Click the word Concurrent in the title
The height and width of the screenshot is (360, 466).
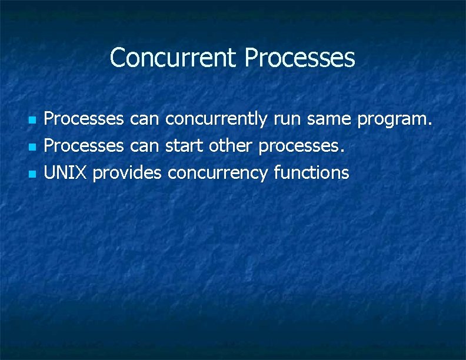pyautogui.click(x=174, y=58)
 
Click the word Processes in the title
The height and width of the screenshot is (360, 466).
pyautogui.click(x=299, y=58)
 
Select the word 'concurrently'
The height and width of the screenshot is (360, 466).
pyautogui.click(x=217, y=120)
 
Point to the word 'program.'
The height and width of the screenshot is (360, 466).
pyautogui.click(x=395, y=121)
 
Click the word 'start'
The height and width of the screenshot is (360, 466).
pyautogui.click(x=184, y=146)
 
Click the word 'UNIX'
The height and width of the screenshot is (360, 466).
pyautogui.click(x=66, y=173)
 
